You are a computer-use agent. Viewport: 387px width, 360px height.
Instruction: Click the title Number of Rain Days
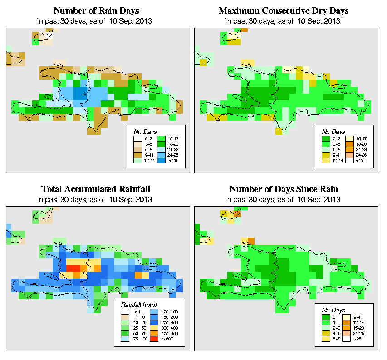96,10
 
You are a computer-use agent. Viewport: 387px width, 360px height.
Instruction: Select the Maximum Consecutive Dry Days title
284,10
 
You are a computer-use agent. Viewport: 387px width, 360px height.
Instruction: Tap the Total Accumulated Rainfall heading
96,189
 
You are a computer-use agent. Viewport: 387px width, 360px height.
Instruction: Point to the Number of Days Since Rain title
284,189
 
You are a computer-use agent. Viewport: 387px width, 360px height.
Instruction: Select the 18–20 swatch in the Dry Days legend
350,143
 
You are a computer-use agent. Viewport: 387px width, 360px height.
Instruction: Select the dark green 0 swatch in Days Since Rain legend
325,317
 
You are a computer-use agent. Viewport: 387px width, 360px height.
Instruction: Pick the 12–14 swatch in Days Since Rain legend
350,322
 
